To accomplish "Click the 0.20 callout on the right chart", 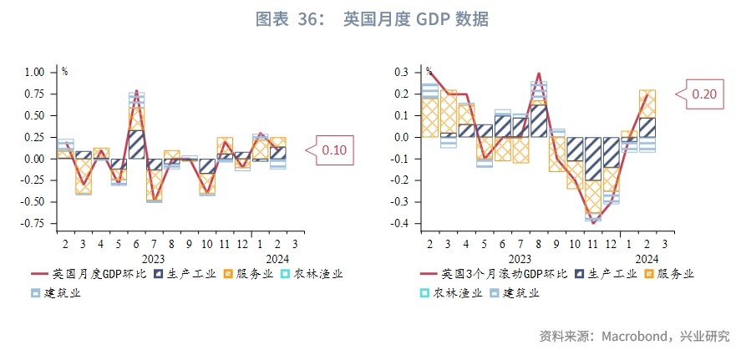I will click(x=704, y=94).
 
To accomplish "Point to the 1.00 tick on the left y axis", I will click(x=34, y=73).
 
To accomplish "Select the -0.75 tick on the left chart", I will click(x=33, y=224).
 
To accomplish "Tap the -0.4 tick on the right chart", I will click(x=403, y=224).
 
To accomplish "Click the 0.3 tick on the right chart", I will click(x=405, y=73).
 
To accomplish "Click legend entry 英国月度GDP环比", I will click(x=88, y=273).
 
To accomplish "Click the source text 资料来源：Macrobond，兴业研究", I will click(x=634, y=337).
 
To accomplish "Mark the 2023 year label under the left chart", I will click(x=153, y=259).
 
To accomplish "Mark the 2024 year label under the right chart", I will click(x=647, y=259).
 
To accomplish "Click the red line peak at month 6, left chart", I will click(x=136, y=91).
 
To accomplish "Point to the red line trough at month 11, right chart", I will click(x=593, y=223).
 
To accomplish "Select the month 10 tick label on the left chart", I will click(x=207, y=243).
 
